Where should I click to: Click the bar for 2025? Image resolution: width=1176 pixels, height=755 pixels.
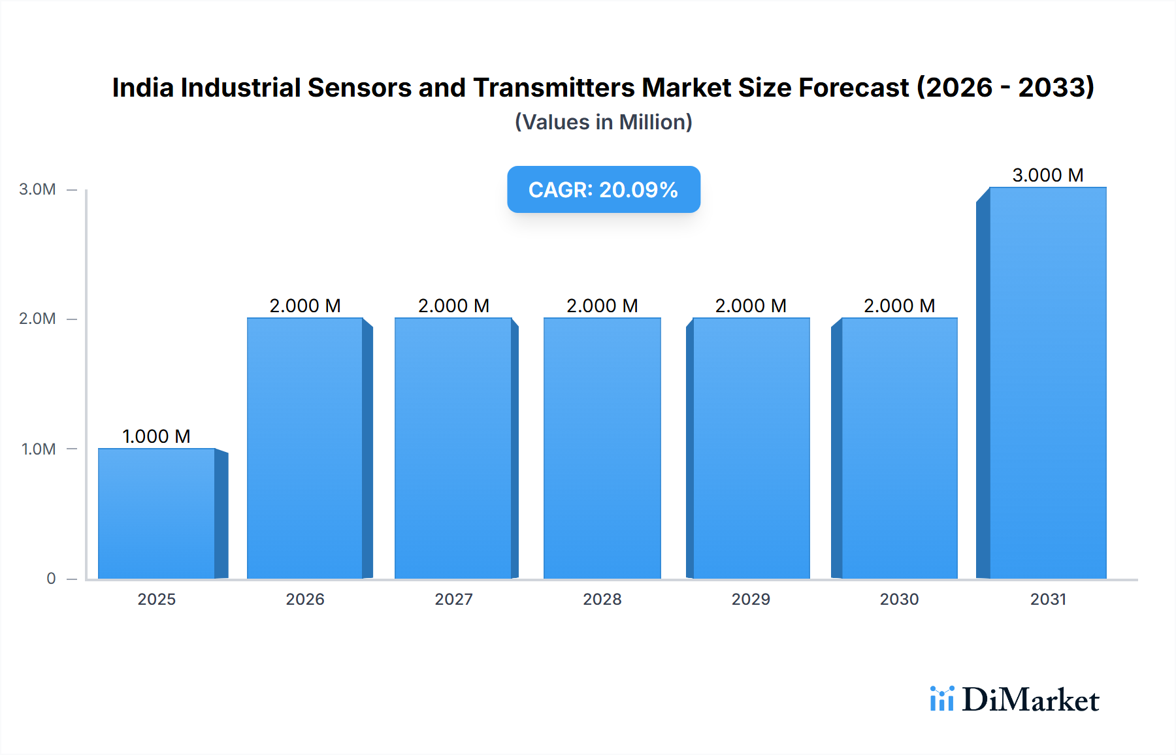point(157,513)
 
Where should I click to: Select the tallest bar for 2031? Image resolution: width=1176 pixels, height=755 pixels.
point(1047,383)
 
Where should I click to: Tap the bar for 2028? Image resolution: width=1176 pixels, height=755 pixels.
point(602,448)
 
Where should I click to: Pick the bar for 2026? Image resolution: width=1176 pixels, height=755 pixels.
point(305,448)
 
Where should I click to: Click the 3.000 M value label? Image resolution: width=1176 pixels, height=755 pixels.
point(1047,175)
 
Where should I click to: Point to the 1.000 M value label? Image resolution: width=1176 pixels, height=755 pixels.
point(156,436)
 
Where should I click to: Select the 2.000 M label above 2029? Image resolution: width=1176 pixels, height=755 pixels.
point(751,306)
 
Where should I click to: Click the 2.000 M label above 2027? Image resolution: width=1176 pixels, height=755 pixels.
point(453,306)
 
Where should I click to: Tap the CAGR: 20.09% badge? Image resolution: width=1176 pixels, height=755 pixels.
point(603,189)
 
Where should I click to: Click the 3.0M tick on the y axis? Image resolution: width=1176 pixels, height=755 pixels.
point(37,189)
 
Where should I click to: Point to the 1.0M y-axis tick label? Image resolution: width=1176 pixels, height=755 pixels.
point(38,449)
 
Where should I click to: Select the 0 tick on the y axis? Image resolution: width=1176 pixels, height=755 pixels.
point(51,579)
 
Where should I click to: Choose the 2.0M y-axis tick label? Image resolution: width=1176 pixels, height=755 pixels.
point(37,319)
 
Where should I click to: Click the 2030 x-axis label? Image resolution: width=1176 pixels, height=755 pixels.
point(899,600)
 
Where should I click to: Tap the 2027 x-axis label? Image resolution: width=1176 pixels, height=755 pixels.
point(453,600)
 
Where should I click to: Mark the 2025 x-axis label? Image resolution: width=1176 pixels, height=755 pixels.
point(156,600)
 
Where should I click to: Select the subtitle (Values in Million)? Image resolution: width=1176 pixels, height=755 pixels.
point(603,122)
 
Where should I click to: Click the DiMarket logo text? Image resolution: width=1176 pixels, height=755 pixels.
point(1030,700)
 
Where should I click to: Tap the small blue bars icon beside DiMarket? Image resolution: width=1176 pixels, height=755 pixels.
point(941,699)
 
